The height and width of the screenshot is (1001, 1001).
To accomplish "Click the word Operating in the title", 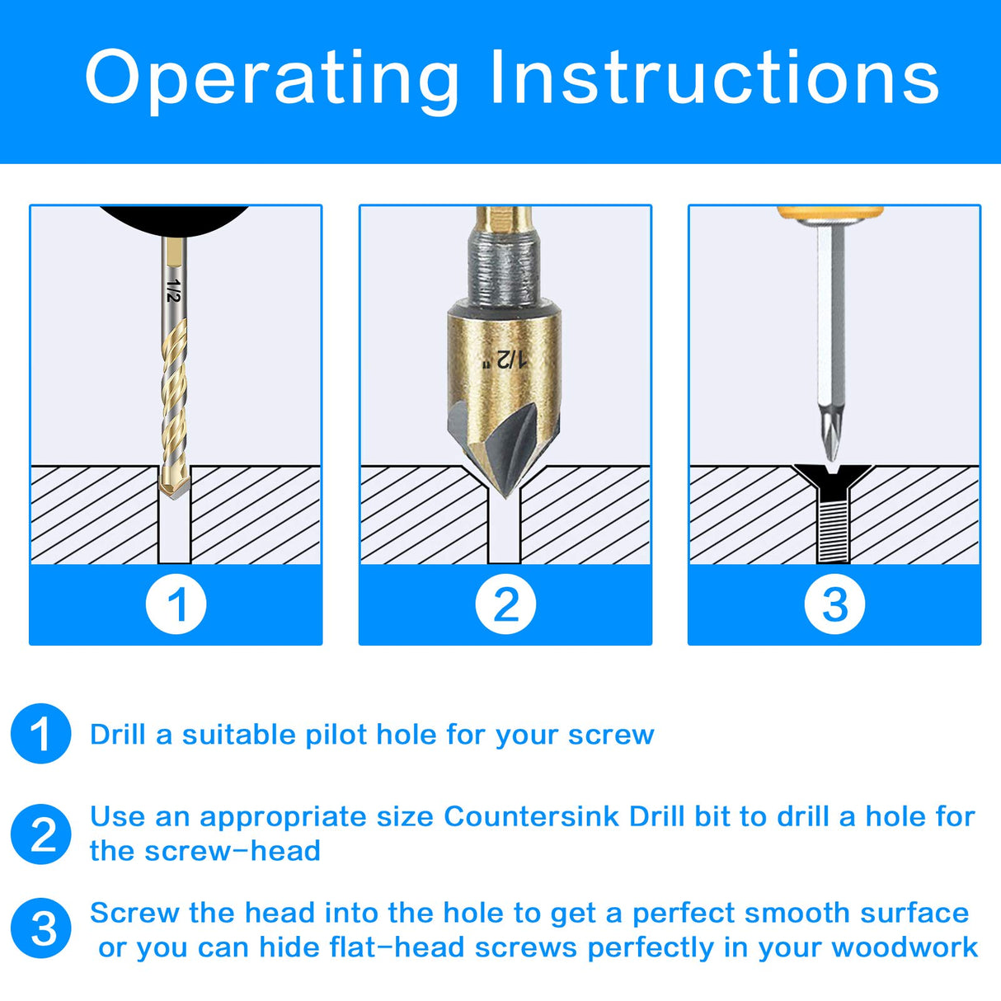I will (271, 78).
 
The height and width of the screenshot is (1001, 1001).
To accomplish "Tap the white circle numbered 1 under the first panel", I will (176, 604).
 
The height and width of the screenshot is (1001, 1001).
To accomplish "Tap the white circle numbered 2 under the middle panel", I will (505, 604).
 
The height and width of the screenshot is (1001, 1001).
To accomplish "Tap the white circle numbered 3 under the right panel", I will (834, 604).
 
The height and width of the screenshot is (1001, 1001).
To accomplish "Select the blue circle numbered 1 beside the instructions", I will (40, 734).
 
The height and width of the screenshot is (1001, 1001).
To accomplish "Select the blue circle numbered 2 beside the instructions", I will (40, 834).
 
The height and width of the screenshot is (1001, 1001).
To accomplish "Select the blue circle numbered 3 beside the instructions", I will (40, 928).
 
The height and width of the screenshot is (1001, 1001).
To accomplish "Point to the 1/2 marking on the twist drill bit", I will (172, 290).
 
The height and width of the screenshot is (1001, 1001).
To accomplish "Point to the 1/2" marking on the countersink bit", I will (505, 360).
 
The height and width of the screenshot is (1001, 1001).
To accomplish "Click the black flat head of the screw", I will (833, 476).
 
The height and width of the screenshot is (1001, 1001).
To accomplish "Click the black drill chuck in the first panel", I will (174, 217).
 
